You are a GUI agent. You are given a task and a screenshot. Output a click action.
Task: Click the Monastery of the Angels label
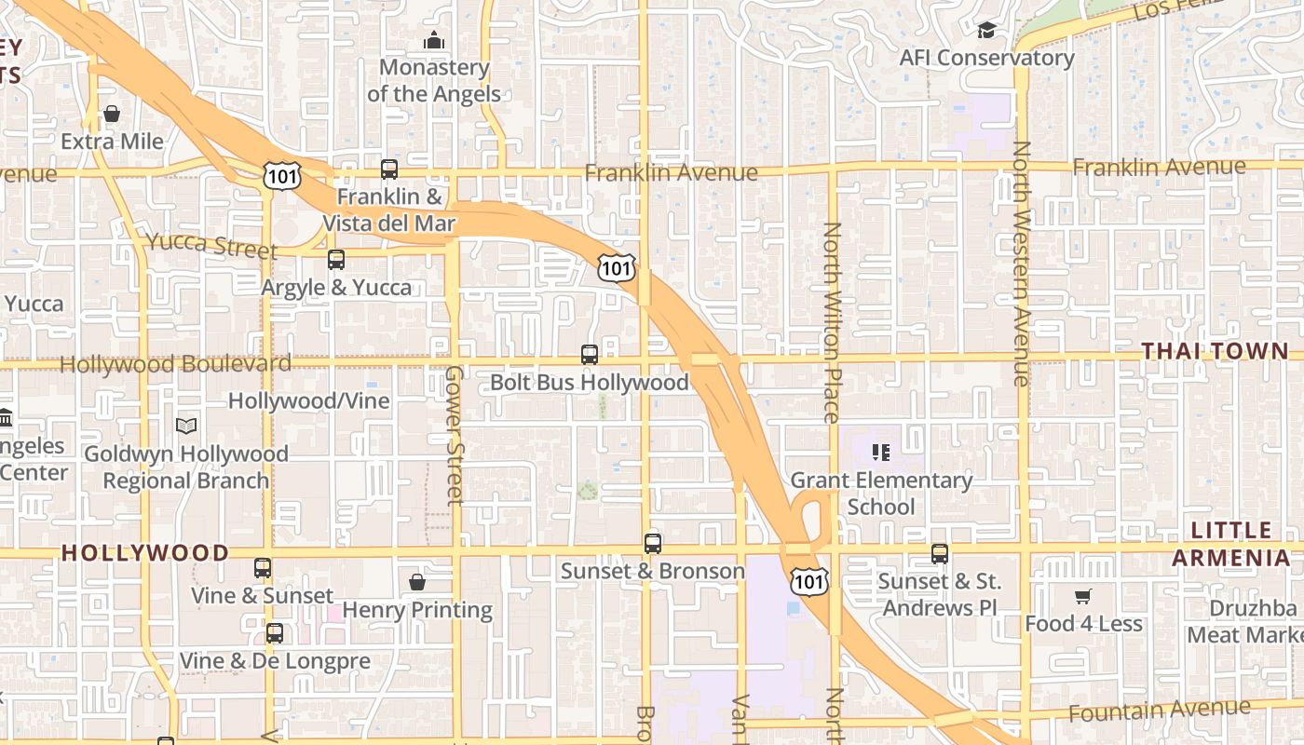434,80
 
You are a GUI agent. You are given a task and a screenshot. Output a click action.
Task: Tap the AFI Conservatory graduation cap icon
986,31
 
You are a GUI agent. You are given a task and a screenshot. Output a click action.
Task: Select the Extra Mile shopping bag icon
112,115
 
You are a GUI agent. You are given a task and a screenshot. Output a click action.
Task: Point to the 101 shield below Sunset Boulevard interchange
808,582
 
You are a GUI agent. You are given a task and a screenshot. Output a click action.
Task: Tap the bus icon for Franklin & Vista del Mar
389,169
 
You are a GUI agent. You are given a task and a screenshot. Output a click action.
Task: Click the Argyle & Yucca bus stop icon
336,260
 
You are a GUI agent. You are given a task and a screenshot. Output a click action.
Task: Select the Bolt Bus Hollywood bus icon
590,355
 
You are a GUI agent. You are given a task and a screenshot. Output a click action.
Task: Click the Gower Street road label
454,435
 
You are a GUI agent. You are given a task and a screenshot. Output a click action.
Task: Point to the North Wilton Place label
832,321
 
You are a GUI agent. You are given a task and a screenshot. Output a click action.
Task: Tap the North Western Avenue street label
1022,263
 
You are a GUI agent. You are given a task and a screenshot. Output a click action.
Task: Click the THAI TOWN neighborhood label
1215,351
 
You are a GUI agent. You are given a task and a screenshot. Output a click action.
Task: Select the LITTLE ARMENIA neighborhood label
1230,544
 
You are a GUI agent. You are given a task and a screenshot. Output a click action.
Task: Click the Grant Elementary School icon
880,453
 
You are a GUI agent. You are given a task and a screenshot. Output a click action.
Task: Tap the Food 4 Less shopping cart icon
1082,596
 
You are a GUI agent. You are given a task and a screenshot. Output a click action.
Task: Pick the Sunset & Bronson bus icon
653,543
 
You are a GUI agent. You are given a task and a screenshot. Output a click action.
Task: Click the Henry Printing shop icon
417,583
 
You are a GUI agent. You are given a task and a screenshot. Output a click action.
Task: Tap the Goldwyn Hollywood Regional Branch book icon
186,426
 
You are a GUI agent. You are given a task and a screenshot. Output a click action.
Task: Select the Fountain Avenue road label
1159,711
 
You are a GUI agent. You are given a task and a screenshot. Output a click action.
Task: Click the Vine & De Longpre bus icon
275,633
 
